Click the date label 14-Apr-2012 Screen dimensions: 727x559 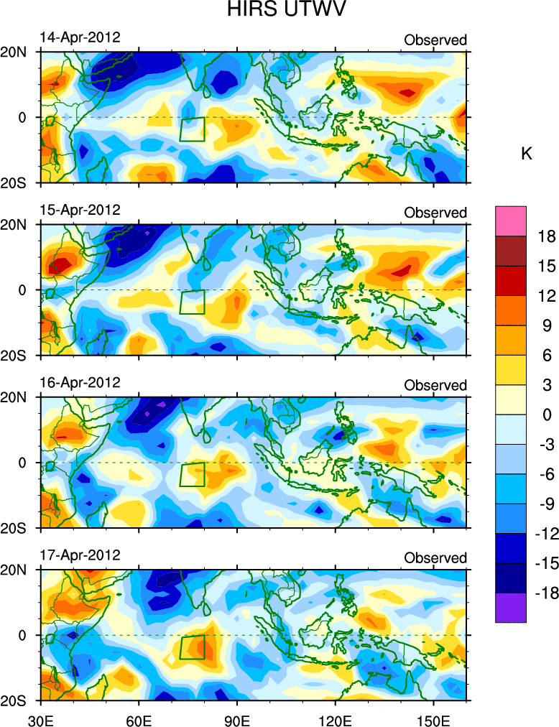79,37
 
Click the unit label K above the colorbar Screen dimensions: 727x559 526,154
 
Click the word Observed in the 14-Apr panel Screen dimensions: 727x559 435,40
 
